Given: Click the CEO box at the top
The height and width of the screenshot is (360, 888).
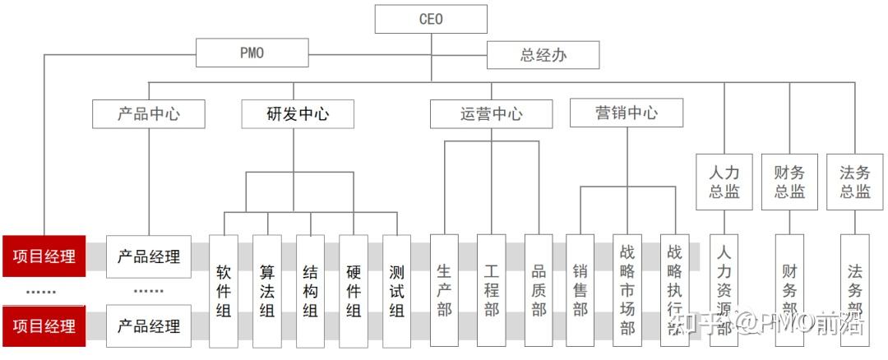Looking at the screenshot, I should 431,19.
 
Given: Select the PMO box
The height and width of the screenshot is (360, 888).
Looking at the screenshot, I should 252,53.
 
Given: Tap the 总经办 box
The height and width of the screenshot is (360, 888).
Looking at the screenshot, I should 543,55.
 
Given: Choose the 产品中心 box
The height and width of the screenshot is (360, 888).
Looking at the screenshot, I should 149,113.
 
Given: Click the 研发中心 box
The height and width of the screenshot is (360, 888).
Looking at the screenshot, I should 298,113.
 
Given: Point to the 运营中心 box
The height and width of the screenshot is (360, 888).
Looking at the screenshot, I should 491,113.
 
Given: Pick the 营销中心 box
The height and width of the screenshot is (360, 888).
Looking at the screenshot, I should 626,113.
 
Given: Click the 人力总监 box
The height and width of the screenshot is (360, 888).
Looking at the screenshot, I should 724,182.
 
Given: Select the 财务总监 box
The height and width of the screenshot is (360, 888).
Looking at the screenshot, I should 789,182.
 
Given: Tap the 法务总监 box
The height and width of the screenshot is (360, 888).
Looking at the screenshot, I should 854,182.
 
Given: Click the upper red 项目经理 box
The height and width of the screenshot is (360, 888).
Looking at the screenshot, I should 44,256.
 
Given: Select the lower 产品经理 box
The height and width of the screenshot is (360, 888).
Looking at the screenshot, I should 149,325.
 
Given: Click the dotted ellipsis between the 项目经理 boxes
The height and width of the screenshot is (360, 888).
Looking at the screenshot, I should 40,291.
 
